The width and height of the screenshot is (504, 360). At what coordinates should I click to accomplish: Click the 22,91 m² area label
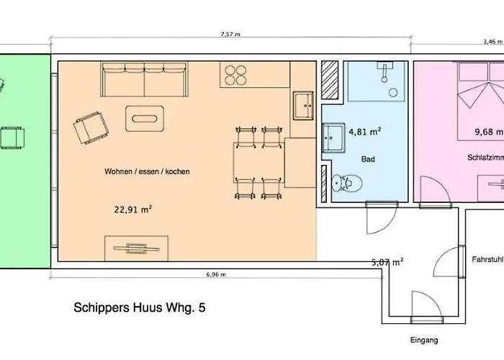click(x=132, y=210)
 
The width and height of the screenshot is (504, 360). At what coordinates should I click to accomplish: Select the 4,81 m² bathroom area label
click(x=364, y=132)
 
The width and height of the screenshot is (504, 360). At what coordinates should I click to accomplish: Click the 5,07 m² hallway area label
click(x=387, y=262)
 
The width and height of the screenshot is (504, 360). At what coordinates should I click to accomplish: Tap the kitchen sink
click(x=303, y=106)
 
